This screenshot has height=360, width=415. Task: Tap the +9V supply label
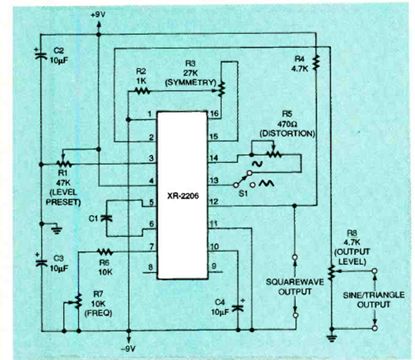click(x=98, y=16)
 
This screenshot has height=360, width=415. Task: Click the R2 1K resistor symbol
click(x=142, y=91)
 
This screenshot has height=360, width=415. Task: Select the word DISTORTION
click(x=286, y=134)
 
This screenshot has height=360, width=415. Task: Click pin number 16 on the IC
click(x=213, y=114)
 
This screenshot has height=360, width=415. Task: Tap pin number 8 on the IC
click(x=152, y=267)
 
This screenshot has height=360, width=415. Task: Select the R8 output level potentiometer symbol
click(x=331, y=271)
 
